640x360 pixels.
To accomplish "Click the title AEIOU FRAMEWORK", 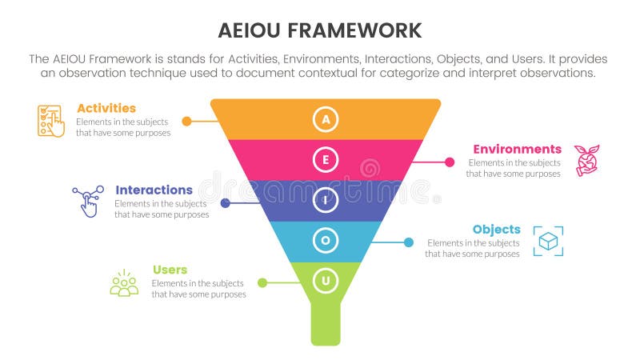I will [319, 30].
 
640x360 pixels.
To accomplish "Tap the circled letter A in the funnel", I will [325, 119].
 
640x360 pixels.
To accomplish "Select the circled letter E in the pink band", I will [325, 160].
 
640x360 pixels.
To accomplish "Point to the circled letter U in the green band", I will [325, 281].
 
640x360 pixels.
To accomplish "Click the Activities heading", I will [106, 108].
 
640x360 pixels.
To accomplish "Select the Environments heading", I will [517, 149].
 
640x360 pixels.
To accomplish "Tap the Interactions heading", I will [154, 190].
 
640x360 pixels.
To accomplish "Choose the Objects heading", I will [496, 229].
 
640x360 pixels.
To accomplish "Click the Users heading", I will [169, 270].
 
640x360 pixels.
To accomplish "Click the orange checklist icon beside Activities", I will [51, 121].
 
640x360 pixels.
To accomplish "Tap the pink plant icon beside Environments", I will [587, 160].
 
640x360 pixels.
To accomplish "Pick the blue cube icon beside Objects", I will [548, 242].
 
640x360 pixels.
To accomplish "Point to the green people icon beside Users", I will [124, 283].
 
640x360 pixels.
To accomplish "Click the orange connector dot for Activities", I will [186, 122].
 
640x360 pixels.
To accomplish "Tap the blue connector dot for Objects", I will [408, 242].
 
